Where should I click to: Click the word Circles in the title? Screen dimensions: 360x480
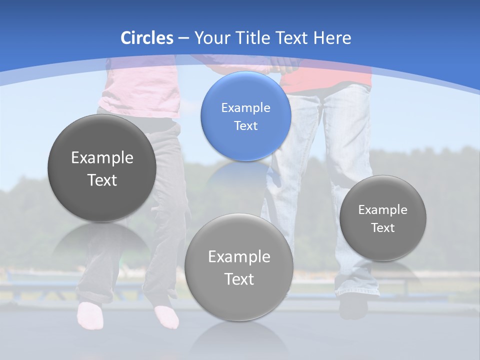[x=147, y=38]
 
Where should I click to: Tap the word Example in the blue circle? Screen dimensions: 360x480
[x=245, y=108]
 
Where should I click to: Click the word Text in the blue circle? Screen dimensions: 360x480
[x=245, y=126]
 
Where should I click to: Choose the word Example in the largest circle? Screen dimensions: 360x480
[x=102, y=158]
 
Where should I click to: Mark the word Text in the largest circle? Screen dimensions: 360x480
[x=102, y=180]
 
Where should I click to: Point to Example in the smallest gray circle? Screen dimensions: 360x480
[x=383, y=210]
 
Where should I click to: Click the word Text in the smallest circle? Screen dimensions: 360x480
[x=383, y=228]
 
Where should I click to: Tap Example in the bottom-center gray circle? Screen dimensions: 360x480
[x=239, y=257]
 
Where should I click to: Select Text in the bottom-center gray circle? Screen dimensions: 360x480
[x=239, y=279]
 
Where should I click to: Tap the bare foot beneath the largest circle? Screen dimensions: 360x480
[x=90, y=315]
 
